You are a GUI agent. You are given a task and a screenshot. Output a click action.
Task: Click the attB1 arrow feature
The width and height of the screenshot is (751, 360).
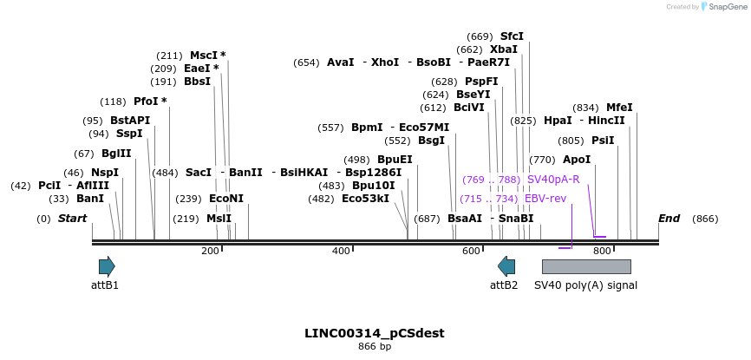click(x=107, y=266)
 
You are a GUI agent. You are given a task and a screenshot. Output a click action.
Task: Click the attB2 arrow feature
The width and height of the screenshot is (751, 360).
click(x=506, y=266)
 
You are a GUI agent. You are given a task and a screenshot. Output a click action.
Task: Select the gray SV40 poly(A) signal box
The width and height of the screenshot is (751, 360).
click(x=585, y=266)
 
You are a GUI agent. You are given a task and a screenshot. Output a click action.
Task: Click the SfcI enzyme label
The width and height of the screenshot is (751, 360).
click(x=512, y=36)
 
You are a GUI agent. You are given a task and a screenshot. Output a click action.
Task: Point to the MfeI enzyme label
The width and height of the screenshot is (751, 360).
click(x=619, y=108)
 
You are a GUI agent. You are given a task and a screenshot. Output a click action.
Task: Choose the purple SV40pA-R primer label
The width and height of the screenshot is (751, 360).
click(x=553, y=180)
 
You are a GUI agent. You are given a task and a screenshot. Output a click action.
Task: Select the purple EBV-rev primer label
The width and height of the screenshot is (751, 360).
click(x=545, y=199)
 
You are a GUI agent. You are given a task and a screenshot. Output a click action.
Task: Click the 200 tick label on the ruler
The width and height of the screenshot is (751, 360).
click(x=210, y=252)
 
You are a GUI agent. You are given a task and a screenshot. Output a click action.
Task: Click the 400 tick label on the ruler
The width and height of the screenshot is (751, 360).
click(x=341, y=252)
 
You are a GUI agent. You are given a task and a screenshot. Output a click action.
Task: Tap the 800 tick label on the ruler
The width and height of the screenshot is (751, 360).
click(x=602, y=252)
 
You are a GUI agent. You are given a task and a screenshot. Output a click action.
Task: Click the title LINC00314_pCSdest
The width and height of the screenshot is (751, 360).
click(x=375, y=333)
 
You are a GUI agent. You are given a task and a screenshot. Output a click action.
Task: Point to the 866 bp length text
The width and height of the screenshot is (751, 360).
click(x=375, y=347)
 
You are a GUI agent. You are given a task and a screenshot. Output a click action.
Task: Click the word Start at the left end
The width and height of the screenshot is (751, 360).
click(x=73, y=219)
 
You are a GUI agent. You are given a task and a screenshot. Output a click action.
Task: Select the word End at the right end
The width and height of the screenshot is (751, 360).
click(x=669, y=219)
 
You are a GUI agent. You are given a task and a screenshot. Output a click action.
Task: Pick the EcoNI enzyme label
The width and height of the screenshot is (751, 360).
click(x=226, y=199)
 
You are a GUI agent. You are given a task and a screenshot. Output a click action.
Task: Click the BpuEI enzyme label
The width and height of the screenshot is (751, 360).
click(x=395, y=160)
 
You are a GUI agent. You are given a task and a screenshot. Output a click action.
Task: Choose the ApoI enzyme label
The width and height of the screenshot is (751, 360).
click(x=577, y=160)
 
